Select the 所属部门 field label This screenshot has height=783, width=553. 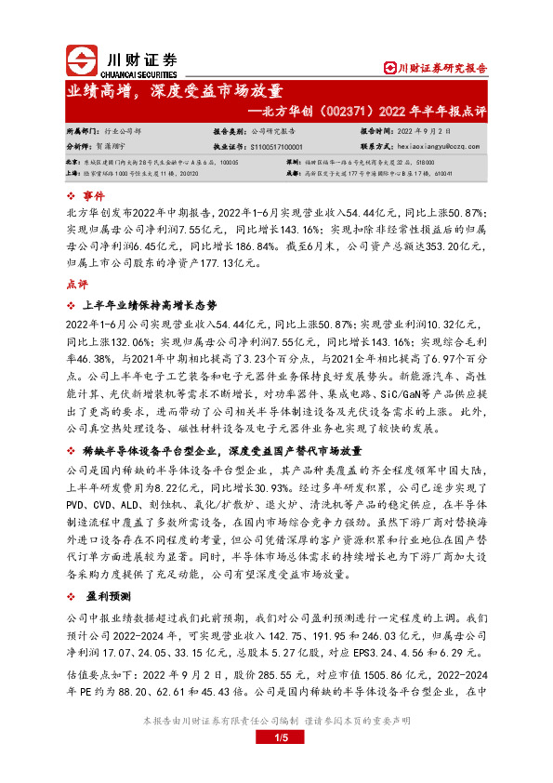tap(80, 132)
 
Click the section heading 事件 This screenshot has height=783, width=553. tap(96, 196)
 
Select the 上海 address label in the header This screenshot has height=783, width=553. tap(72, 173)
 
